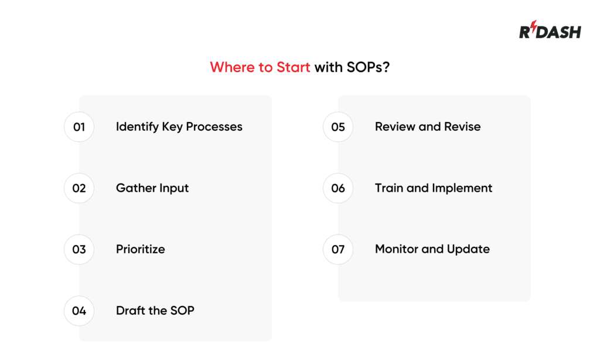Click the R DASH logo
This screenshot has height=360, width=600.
tap(550, 31)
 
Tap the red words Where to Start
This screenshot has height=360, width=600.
tap(260, 67)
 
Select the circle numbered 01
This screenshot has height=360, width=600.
tap(79, 127)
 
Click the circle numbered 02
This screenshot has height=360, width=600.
tap(79, 188)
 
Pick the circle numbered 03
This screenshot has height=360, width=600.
tap(79, 249)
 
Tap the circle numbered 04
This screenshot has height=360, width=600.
tap(79, 311)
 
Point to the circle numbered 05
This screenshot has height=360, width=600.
tap(338, 127)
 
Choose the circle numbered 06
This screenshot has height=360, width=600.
tap(338, 188)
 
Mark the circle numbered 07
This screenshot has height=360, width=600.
tap(338, 249)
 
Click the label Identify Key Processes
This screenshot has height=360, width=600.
tap(179, 127)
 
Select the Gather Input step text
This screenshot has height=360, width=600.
tap(152, 188)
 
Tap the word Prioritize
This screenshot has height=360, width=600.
tap(140, 249)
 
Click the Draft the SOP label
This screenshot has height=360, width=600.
tap(155, 311)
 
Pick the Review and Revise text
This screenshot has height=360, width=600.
tap(428, 127)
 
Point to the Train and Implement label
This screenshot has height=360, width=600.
tap(434, 188)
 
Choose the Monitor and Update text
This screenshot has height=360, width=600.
tap(432, 249)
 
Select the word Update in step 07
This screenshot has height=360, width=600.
tap(468, 249)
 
